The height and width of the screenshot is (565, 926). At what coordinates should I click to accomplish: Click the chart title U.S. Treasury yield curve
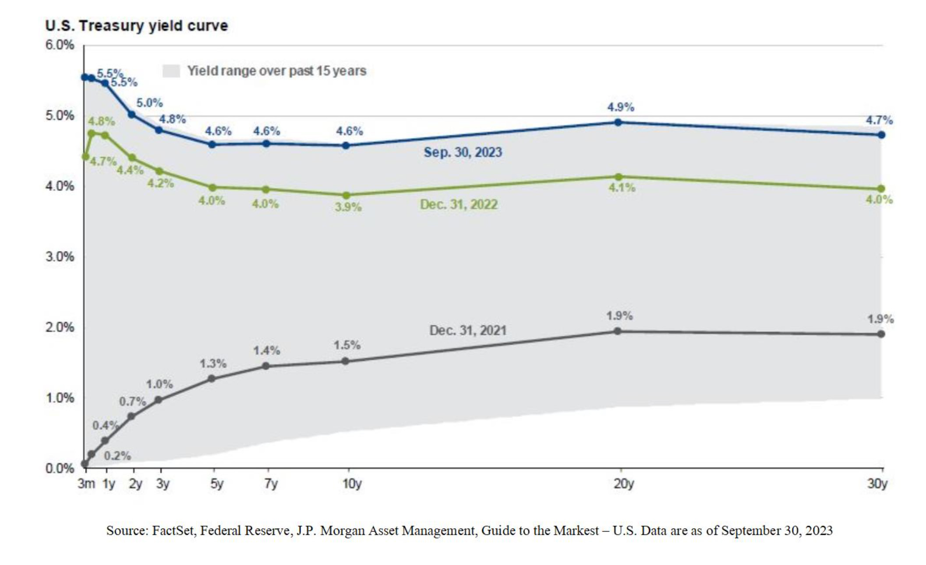click(x=136, y=26)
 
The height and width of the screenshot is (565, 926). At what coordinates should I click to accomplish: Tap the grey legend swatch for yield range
click(x=171, y=71)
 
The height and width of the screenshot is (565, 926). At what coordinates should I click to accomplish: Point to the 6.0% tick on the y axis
click(x=60, y=45)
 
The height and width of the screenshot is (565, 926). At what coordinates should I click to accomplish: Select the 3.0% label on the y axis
click(x=60, y=257)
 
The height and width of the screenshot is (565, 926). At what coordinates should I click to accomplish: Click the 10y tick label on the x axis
click(x=352, y=484)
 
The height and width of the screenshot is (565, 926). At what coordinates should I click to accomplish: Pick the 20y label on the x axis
click(x=623, y=484)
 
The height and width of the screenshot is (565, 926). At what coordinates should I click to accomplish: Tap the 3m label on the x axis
click(x=86, y=484)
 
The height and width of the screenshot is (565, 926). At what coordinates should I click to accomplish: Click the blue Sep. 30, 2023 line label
click(x=463, y=152)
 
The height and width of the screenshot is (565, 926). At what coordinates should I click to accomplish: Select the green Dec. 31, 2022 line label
click(x=459, y=205)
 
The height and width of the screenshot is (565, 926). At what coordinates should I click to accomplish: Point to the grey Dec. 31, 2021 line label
click(x=468, y=330)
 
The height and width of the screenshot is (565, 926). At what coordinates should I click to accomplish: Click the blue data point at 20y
click(x=618, y=122)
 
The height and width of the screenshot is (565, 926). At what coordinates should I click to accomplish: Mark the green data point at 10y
click(x=346, y=195)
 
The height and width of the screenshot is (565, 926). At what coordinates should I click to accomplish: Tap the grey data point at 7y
click(x=265, y=366)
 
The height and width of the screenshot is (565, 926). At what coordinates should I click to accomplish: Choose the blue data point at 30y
click(x=881, y=135)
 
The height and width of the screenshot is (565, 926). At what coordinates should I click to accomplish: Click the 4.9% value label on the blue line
click(x=620, y=107)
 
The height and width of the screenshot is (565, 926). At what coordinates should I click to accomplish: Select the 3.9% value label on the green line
click(x=348, y=207)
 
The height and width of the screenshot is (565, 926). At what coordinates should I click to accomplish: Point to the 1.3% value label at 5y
click(x=213, y=364)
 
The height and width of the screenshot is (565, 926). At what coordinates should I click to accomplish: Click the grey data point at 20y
click(x=618, y=331)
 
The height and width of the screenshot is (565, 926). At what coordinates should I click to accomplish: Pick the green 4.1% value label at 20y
click(x=622, y=188)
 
